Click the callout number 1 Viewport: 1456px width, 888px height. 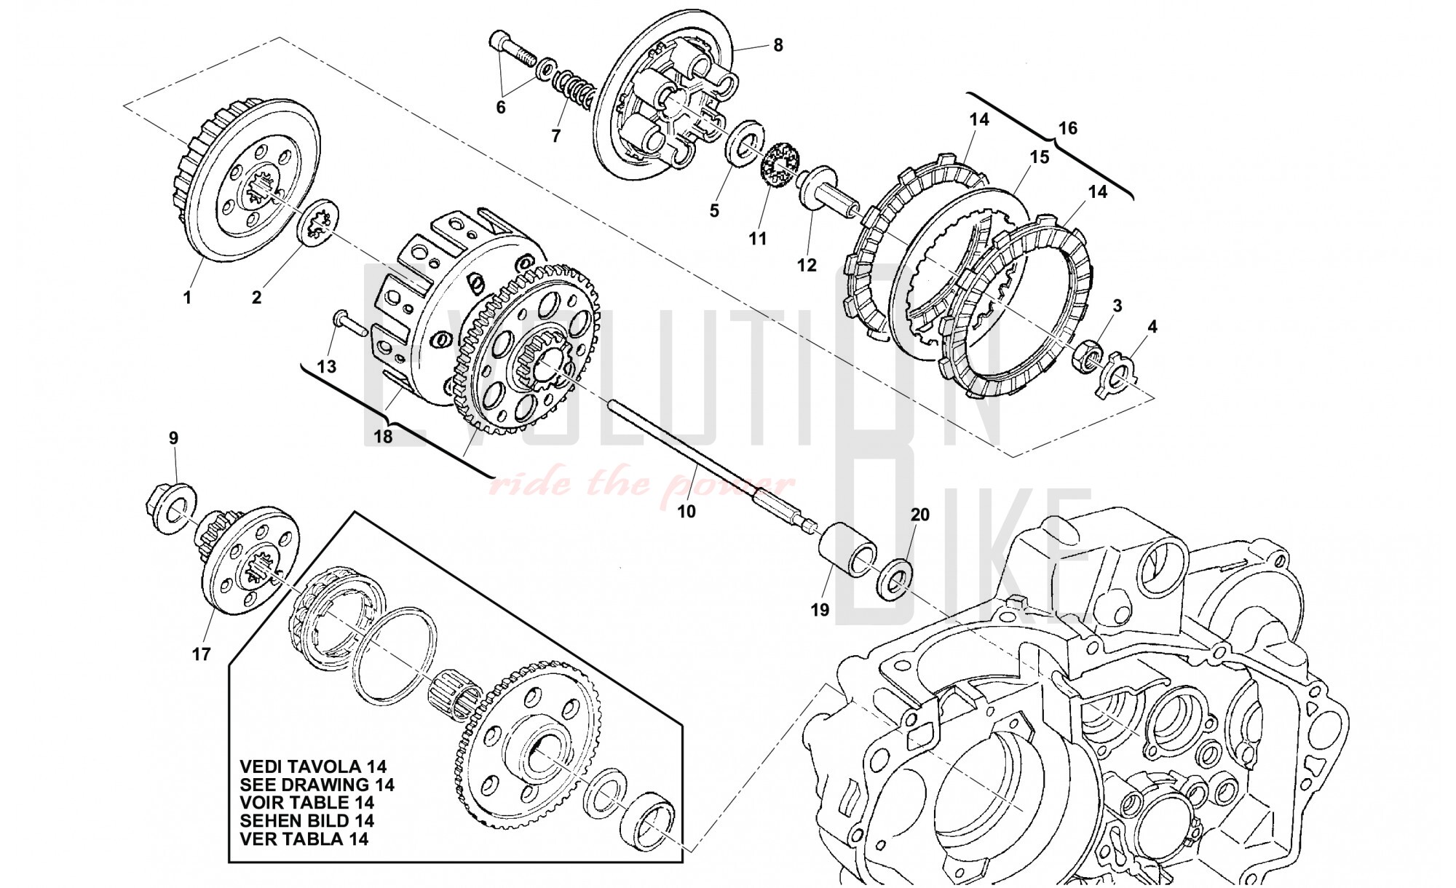187,298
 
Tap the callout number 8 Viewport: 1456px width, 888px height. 778,45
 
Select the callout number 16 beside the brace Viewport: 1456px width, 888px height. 1067,129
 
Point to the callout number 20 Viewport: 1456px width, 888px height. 920,515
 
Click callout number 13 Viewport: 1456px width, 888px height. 327,366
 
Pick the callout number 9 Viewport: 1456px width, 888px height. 173,438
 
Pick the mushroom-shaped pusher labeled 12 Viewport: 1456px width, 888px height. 825,191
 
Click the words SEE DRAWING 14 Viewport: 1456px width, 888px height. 317,785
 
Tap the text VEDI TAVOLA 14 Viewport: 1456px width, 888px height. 313,766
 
